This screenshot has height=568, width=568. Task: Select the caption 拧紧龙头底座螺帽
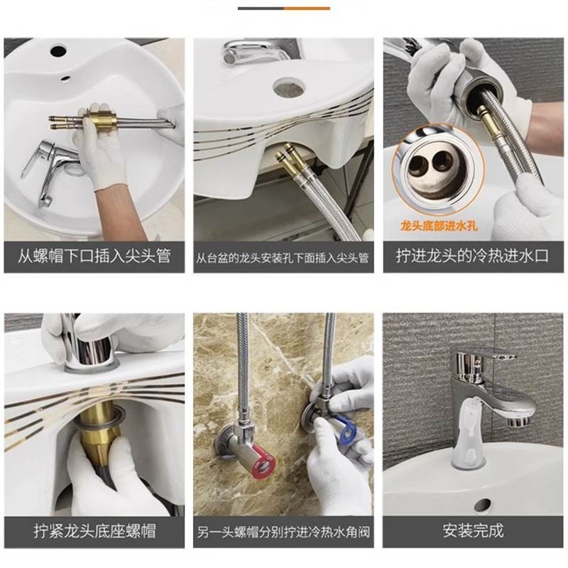[94, 530]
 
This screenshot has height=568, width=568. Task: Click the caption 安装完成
[472, 530]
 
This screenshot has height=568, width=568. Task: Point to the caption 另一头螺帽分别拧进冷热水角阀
[283, 531]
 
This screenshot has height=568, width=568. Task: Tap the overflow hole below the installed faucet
[483, 506]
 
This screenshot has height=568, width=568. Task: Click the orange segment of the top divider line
[307, 8]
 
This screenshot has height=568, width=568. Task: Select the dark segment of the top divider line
[261, 8]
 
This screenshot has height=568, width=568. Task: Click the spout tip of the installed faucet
[523, 419]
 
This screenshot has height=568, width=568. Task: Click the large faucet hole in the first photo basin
[58, 51]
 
